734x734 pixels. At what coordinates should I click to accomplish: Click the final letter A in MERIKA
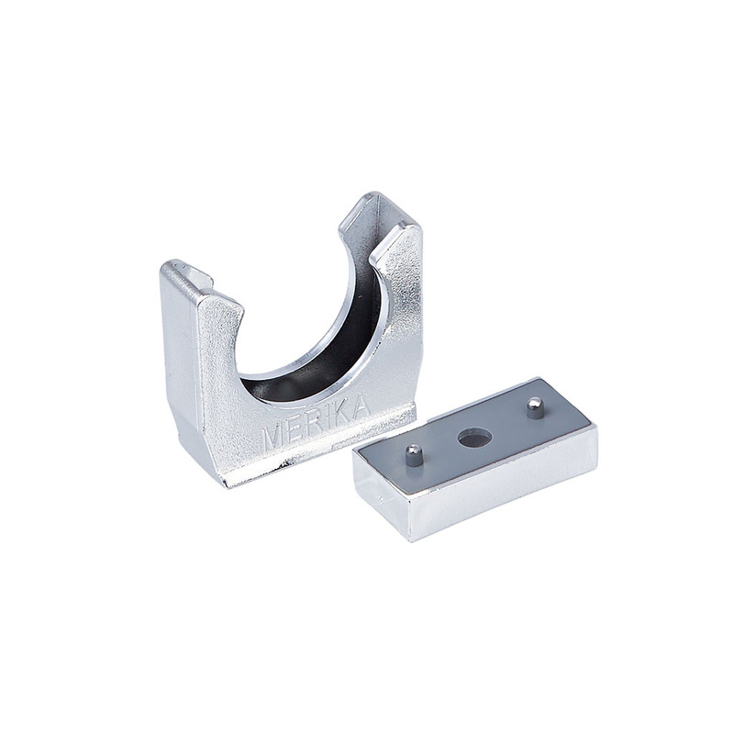coord(359,407)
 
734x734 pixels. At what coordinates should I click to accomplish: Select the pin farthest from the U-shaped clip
coord(535,407)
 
